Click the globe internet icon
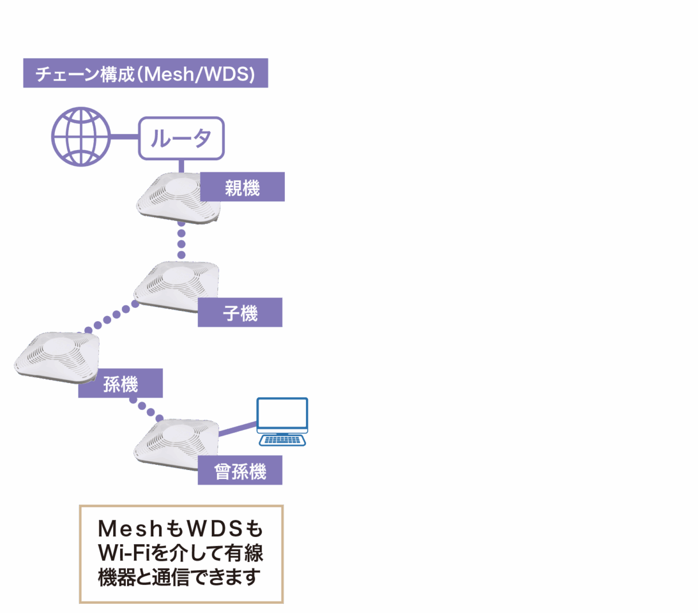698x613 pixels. click(81, 137)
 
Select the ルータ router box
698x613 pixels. click(181, 138)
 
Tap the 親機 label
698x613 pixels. click(242, 187)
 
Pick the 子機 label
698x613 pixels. click(240, 313)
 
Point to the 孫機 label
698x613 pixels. click(120, 383)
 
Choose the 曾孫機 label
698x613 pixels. click(240, 470)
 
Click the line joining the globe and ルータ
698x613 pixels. click(125, 137)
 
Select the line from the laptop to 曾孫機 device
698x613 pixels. click(237, 429)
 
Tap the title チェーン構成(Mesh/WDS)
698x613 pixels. click(145, 74)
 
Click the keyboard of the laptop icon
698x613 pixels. click(282, 440)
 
